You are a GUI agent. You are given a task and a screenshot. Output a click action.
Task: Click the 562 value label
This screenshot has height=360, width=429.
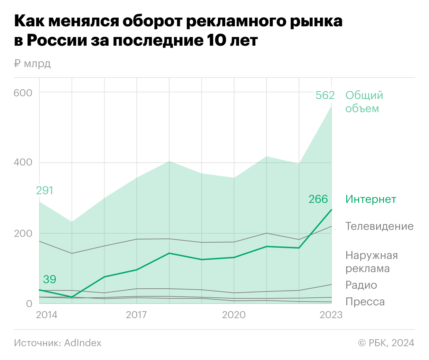(x=325, y=95)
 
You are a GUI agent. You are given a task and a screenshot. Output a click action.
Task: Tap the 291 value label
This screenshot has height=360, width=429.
(x=45, y=190)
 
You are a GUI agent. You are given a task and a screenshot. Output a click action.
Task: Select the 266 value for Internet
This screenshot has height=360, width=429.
(x=318, y=199)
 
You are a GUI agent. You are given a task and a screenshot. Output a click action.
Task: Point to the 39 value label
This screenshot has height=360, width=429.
(x=49, y=279)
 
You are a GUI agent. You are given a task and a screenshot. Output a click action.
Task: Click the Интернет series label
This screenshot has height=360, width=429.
(x=371, y=199)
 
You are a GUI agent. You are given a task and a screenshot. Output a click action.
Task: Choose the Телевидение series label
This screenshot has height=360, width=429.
(x=380, y=226)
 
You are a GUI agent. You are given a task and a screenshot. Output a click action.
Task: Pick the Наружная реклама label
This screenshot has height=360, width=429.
(x=372, y=262)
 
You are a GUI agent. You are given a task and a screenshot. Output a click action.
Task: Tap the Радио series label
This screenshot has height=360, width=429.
(x=361, y=285)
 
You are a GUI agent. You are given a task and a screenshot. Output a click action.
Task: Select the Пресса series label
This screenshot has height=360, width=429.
(x=365, y=301)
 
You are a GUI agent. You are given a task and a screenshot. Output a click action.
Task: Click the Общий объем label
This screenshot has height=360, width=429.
(x=364, y=101)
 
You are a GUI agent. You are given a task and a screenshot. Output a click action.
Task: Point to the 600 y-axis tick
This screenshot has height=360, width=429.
(x=23, y=93)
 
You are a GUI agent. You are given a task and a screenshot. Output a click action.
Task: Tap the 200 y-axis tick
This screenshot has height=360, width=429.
(x=23, y=233)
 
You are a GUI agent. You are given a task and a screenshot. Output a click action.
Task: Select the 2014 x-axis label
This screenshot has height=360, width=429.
(x=47, y=315)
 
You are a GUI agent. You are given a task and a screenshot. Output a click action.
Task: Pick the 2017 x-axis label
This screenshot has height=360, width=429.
(x=136, y=315)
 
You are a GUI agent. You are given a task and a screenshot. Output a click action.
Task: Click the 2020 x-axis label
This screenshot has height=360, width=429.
(x=234, y=315)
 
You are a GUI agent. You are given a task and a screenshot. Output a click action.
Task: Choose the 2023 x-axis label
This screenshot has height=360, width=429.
(x=331, y=315)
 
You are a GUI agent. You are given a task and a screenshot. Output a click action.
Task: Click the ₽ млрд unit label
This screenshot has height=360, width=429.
(x=33, y=64)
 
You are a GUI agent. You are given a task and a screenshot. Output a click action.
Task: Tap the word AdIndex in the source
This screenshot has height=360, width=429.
(x=83, y=343)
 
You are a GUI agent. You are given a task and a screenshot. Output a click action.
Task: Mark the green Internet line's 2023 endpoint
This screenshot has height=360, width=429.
(x=331, y=210)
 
